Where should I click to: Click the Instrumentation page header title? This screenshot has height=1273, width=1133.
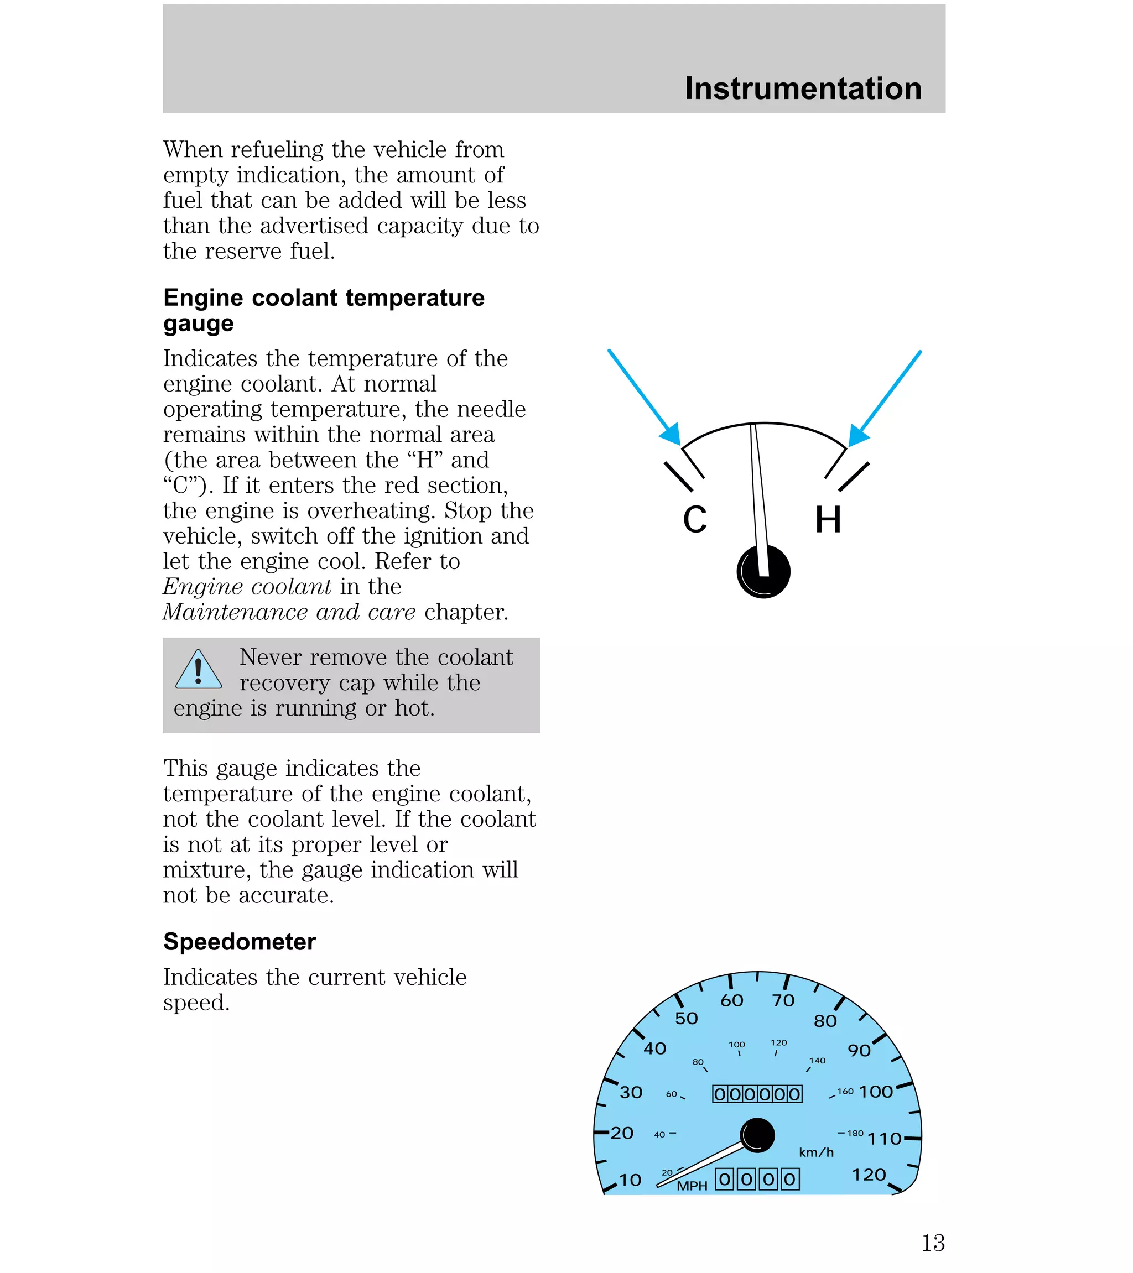[803, 88]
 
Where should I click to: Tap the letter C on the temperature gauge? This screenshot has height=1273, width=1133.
[694, 519]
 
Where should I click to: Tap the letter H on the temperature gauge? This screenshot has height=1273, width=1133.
[828, 519]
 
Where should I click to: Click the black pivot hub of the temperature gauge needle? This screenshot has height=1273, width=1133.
[763, 572]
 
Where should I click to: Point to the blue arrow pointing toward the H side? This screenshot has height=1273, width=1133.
[886, 398]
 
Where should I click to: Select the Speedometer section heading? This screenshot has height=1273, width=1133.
[240, 942]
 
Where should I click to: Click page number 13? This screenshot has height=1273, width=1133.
[933, 1243]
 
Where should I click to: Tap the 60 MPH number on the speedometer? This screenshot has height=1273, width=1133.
[732, 1001]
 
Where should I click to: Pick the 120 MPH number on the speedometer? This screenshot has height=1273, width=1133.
[869, 1175]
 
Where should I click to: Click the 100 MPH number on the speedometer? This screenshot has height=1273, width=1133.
[876, 1092]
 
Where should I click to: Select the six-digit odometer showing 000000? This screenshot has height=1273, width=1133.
[757, 1094]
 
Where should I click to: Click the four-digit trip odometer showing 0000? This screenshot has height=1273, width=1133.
[757, 1179]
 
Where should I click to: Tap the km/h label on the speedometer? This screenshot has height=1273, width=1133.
[816, 1152]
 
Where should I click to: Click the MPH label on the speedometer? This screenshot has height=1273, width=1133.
[692, 1186]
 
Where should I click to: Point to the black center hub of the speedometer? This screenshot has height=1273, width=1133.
[757, 1135]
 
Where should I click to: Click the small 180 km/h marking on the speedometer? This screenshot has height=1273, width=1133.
[855, 1133]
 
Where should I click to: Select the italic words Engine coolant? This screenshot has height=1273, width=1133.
[247, 587]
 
